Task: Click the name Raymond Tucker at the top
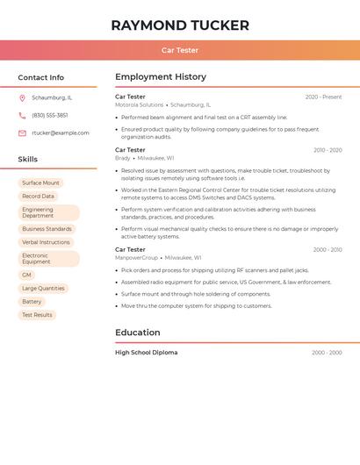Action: tap(180, 25)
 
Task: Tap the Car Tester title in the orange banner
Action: tap(180, 50)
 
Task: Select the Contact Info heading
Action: tap(40, 77)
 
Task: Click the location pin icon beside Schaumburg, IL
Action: tap(22, 97)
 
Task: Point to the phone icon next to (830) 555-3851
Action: tap(22, 115)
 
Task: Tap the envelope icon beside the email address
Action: tap(22, 132)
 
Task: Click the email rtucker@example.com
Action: tap(61, 132)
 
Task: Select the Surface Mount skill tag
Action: tap(40, 182)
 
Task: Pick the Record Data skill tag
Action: tap(38, 197)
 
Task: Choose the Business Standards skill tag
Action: tap(47, 229)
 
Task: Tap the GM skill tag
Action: tap(26, 275)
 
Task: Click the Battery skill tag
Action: tap(32, 301)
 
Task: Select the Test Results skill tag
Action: tap(37, 315)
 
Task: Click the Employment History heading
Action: tap(161, 77)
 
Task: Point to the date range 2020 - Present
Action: tap(323, 97)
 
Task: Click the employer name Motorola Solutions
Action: tap(139, 104)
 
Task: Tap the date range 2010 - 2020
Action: tap(328, 150)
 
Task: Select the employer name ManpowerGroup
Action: tap(136, 258)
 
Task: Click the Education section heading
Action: tap(138, 333)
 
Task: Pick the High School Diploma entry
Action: tap(146, 353)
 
